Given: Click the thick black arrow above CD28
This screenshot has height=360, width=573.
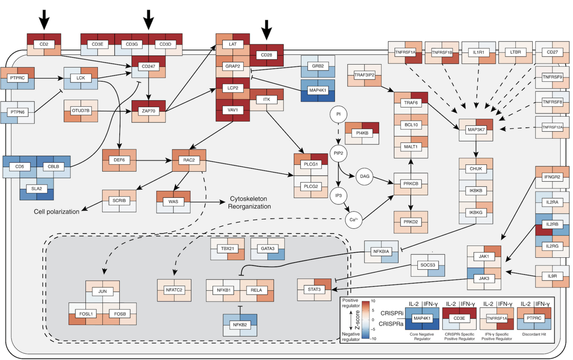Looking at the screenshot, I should point(266,29).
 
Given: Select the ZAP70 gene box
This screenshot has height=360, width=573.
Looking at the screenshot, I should point(148,111).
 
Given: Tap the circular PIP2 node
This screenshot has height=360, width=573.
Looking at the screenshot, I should point(338,153).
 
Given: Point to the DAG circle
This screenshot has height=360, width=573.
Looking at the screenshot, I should point(364,176).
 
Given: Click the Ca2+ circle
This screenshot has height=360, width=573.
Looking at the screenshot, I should point(353,220).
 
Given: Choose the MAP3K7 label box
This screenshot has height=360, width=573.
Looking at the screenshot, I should point(476,129).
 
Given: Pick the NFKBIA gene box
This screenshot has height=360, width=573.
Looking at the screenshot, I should point(381,251).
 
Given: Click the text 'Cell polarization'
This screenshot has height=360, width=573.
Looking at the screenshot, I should point(56,212).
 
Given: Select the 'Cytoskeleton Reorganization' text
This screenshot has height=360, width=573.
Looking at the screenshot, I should point(249,203).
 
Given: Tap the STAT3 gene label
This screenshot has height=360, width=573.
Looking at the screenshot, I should point(314,289).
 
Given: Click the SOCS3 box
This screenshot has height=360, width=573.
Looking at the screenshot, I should point(428,265).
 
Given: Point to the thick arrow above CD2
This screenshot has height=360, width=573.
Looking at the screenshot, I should point(44,19).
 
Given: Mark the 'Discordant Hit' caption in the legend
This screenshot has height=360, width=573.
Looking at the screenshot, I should point(534,334).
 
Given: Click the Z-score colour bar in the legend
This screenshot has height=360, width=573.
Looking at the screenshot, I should point(366,320).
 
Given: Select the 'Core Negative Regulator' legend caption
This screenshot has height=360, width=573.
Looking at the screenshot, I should point(422,336).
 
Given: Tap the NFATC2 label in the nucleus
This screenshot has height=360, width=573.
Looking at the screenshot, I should point(174,290).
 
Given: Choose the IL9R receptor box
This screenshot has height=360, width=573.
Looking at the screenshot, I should point(552,276).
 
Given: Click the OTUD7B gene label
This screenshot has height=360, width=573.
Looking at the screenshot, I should point(81,110).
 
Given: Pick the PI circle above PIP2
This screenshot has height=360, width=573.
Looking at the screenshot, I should point(338,114).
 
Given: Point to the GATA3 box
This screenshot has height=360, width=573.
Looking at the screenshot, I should point(267,248).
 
